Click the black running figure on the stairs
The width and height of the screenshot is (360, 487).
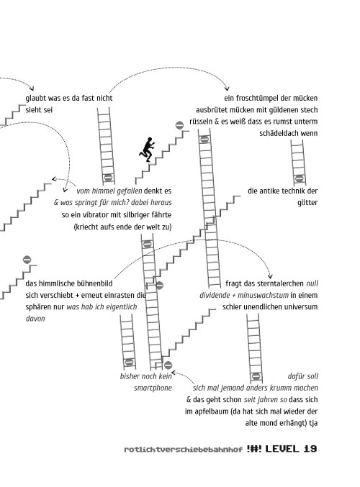(x=147, y=150)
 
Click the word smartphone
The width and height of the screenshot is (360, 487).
(x=153, y=388)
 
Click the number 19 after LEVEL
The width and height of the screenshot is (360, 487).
(x=310, y=449)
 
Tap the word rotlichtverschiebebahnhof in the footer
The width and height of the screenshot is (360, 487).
(x=183, y=450)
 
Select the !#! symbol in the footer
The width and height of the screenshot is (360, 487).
(x=254, y=449)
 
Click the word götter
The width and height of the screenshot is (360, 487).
(x=307, y=203)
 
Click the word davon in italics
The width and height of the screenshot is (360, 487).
(x=35, y=319)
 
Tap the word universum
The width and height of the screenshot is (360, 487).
(x=302, y=307)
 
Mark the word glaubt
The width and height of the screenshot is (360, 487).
(x=35, y=99)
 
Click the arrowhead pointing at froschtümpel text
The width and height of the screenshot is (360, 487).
(x=228, y=88)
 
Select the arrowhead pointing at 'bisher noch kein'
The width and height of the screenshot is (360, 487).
(x=174, y=373)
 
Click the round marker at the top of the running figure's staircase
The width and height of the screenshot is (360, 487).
(x=179, y=125)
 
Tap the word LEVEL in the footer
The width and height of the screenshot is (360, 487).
(x=282, y=449)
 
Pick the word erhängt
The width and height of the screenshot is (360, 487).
(x=293, y=423)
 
